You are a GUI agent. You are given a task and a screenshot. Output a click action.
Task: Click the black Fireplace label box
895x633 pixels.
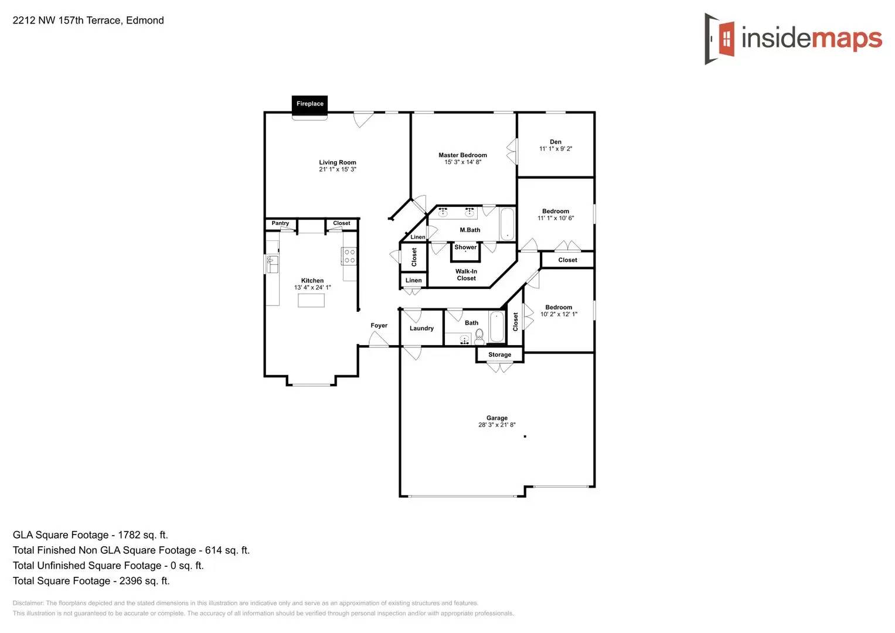(x=309, y=104)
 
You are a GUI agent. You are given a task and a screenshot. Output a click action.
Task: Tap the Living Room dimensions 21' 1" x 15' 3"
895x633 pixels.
(x=338, y=169)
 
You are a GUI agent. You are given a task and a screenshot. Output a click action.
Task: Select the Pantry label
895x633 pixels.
(x=280, y=223)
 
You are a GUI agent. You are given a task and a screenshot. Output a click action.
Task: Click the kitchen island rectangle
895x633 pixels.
(x=311, y=301)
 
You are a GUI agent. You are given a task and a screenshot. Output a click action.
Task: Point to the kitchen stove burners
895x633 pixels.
(x=349, y=256)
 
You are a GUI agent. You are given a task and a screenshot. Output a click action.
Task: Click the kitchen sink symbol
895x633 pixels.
(x=272, y=264)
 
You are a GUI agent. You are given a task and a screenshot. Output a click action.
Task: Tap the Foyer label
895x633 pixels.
(x=379, y=325)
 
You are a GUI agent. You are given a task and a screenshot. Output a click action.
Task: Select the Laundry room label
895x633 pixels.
(x=421, y=328)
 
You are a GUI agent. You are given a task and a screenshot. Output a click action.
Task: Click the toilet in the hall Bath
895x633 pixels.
(x=479, y=335)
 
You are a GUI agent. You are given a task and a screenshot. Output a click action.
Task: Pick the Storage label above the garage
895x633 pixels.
(x=499, y=355)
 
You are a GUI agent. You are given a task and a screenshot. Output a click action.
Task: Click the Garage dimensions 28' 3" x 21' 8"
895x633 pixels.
(x=496, y=425)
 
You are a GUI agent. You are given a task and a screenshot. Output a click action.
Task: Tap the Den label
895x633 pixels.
(x=556, y=142)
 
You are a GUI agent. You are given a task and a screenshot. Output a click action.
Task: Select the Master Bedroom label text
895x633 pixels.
(x=462, y=155)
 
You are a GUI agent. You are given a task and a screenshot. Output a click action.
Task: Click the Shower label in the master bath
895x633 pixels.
(x=465, y=247)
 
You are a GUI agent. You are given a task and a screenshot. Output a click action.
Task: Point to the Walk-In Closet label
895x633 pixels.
(x=467, y=275)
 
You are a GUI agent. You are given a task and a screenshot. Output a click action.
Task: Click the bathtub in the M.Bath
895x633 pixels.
(x=507, y=224)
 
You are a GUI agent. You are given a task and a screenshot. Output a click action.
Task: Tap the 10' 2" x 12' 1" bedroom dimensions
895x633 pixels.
(x=559, y=314)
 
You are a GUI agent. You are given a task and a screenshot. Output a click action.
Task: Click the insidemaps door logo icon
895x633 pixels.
(x=720, y=39)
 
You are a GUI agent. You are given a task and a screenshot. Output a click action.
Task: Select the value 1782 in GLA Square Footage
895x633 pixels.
(x=129, y=535)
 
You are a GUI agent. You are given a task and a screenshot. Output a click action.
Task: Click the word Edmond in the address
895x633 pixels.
(x=145, y=21)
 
